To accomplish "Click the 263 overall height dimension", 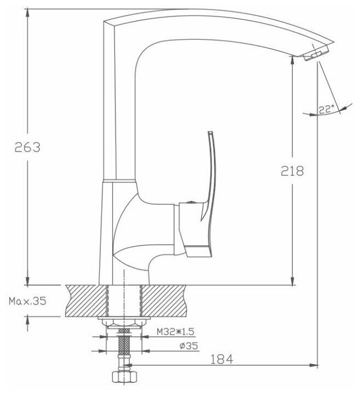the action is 27,147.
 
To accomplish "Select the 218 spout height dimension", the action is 292,171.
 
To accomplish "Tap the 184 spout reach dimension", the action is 221,359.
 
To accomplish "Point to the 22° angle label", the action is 326,110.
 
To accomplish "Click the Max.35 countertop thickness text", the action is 27,301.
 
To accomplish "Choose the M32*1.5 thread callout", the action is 176,332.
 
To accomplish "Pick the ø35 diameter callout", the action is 189,346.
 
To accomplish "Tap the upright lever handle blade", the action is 211,176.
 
